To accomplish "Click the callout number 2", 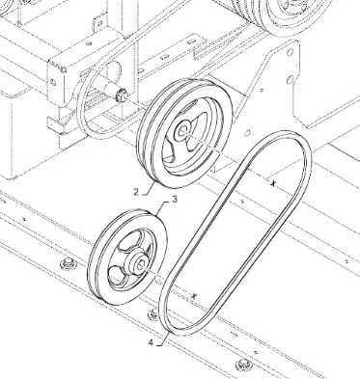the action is coord(136,192).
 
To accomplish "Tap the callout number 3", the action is coord(175,200).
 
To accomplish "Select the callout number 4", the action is coord(151,343).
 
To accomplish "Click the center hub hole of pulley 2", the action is coord(183,131).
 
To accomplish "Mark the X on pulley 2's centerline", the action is coord(273,183).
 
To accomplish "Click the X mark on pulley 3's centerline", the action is coord(193,296).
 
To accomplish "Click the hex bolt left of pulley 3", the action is coord(69,264).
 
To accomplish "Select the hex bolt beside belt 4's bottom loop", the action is coord(153,314).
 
